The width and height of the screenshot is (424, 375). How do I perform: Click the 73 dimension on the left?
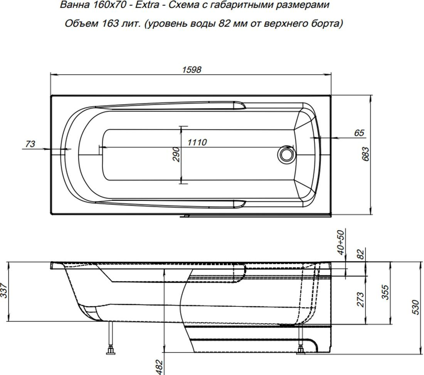30,144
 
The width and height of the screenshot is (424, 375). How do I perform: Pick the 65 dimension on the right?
359,133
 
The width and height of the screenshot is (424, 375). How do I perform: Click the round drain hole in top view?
286,153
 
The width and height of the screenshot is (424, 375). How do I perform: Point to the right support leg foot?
301,349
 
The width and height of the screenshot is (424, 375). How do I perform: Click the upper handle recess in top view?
237,104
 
